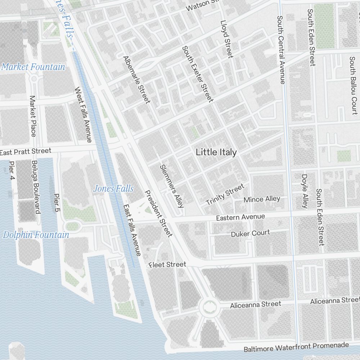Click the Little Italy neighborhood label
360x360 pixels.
tap(216, 152)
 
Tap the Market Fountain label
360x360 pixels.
tap(33, 67)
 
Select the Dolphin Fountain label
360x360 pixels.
tap(36, 235)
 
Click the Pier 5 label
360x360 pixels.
tap(57, 202)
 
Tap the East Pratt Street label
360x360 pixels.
tap(26, 152)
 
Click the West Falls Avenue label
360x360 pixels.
tap(83, 114)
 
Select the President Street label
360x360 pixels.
tap(158, 213)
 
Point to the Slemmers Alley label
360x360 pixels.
tap(172, 186)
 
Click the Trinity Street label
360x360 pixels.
tap(225, 194)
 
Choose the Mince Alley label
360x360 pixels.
tap(262, 199)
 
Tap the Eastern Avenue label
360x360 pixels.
tap(240, 217)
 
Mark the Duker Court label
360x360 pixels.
tap(250, 233)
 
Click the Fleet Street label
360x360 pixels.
tap(168, 265)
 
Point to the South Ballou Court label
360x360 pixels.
tap(353, 85)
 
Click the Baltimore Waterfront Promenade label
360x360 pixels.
tap(296, 347)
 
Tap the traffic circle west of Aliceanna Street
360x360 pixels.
tap(209, 307)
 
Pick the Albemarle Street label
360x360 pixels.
tap(136, 80)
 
